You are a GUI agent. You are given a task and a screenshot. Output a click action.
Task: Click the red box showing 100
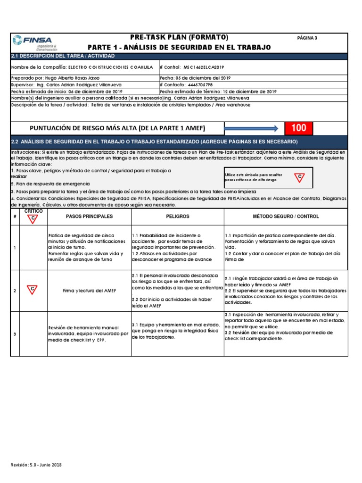coord(298,128)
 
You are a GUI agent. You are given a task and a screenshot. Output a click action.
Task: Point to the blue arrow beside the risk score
coord(251,128)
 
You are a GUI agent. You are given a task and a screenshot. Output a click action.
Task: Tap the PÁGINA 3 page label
coord(307,38)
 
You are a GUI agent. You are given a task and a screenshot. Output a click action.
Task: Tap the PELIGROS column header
coord(177,217)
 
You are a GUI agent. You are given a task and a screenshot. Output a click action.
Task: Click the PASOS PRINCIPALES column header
coord(89,217)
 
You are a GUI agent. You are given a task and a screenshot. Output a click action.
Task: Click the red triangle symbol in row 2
coord(32,289)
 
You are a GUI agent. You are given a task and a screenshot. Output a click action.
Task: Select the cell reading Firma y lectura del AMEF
coord(89,291)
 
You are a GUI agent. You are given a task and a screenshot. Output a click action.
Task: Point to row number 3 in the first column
coord(15,334)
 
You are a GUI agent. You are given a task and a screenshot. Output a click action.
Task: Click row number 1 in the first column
coord(15,248)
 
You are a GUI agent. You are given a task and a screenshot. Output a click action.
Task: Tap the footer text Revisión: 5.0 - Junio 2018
coord(36,465)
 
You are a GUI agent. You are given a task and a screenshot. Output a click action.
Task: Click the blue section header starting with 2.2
coord(154,142)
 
